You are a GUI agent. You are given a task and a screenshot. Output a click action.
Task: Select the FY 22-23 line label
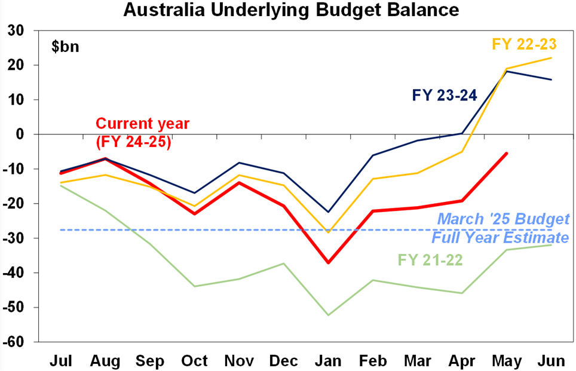click(524, 44)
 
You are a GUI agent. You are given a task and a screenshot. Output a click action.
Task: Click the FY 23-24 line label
click(444, 95)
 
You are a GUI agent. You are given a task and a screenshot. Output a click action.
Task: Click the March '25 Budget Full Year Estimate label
click(501, 228)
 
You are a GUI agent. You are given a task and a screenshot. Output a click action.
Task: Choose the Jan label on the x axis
click(327, 361)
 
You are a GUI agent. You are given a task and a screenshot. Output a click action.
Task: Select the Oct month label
click(194, 361)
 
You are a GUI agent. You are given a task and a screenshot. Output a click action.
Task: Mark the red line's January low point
click(327, 262)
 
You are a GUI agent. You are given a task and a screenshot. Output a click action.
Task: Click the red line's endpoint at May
click(506, 154)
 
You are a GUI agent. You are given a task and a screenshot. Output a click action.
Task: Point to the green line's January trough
click(327, 315)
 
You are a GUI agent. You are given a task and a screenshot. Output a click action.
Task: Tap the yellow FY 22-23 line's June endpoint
click(551, 57)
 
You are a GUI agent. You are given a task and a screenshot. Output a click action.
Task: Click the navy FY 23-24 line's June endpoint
click(551, 79)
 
